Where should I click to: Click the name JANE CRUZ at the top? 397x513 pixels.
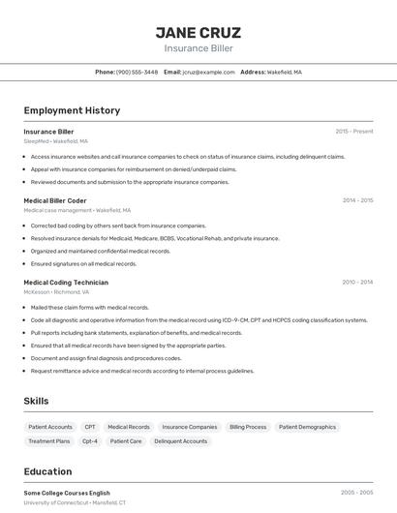tap(198, 32)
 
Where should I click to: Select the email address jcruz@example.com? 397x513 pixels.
tap(208, 72)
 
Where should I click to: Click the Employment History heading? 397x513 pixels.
tap(72, 110)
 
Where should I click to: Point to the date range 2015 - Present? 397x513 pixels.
tap(353, 132)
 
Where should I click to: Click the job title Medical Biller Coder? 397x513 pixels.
tap(55, 200)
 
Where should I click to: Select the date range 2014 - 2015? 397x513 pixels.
tap(357, 200)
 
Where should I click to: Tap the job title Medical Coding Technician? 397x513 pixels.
tap(66, 283)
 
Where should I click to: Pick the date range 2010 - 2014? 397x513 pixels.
tap(357, 283)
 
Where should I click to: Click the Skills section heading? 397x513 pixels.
tap(36, 401)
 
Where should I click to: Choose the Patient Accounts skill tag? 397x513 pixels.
tap(50, 427)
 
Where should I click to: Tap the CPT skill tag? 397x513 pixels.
tap(90, 427)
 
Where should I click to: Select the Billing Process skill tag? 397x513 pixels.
tap(248, 427)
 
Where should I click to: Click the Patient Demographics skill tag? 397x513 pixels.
tap(307, 427)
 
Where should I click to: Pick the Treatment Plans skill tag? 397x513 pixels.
tap(49, 441)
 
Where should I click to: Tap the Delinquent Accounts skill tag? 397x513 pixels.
tap(180, 441)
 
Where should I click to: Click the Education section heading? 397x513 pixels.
tap(47, 471)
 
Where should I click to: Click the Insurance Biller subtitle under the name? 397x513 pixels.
tap(198, 48)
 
